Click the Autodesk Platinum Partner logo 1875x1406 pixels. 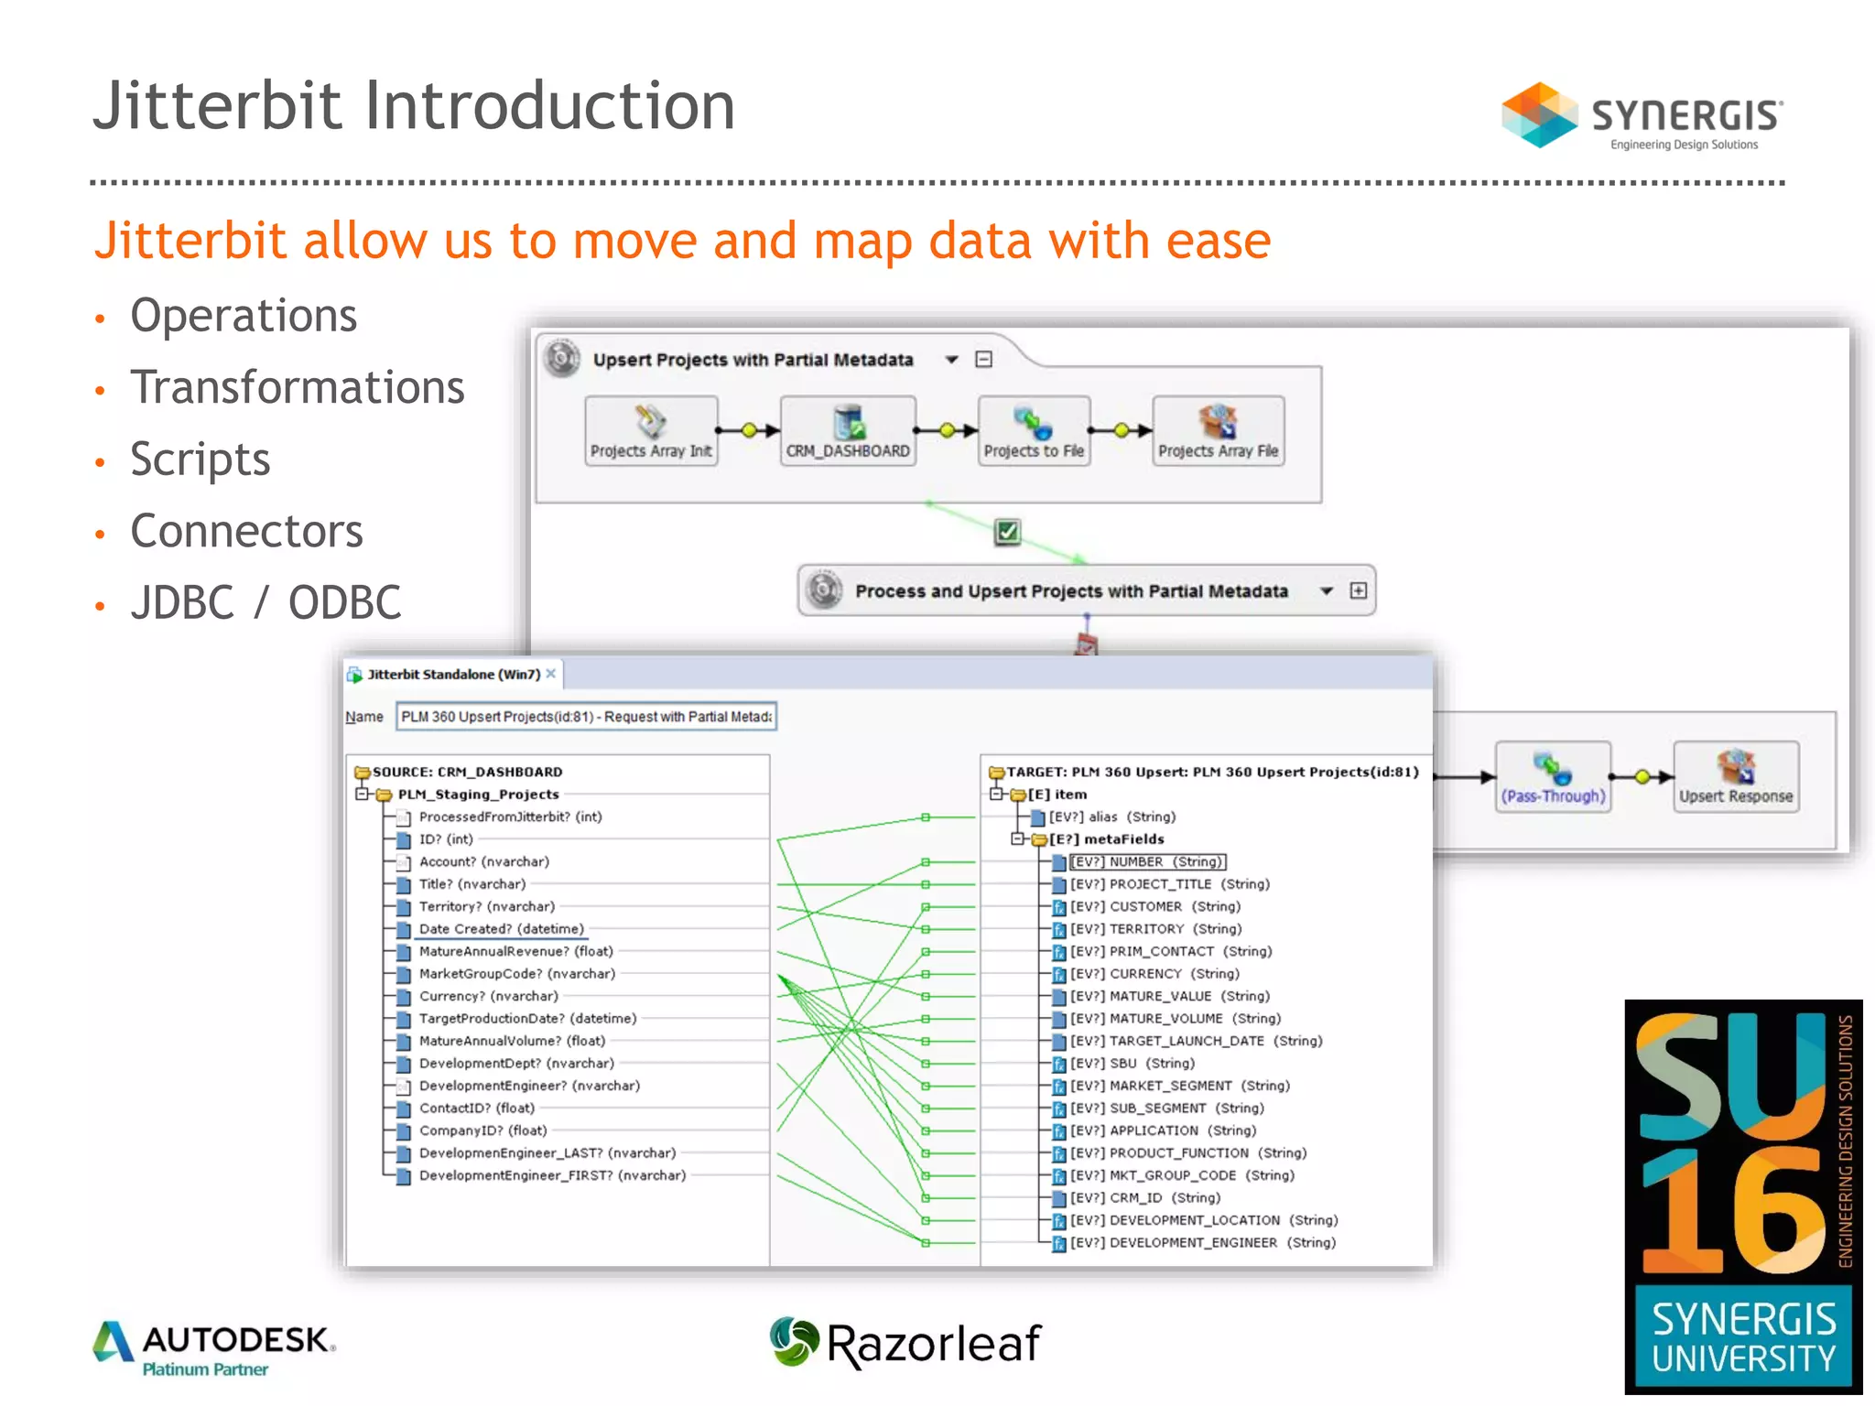pyautogui.click(x=214, y=1347)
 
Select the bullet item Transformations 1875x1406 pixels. pyautogui.click(x=297, y=387)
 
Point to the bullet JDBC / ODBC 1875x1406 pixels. pyautogui.click(x=266, y=603)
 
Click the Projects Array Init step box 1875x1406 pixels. pyautogui.click(x=651, y=431)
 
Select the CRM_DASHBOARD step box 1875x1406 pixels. pyautogui.click(x=848, y=431)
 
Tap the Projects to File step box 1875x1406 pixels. pyautogui.click(x=1034, y=431)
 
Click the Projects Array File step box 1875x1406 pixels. pyautogui.click(x=1218, y=431)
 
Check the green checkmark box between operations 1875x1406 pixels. pyautogui.click(x=1007, y=532)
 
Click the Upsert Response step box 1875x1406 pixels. pyautogui.click(x=1735, y=777)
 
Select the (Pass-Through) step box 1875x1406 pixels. pyautogui.click(x=1553, y=777)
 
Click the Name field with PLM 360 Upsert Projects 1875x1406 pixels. pyautogui.click(x=586, y=717)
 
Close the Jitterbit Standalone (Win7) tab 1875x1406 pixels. pyautogui.click(x=551, y=674)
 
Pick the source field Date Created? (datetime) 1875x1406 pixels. pyautogui.click(x=501, y=929)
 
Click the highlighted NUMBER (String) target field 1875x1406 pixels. pyautogui.click(x=1147, y=862)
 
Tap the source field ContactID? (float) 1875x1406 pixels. pyautogui.click(x=476, y=1109)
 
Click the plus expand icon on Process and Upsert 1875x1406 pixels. pyautogui.click(x=1359, y=591)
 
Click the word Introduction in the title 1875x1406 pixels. pyautogui.click(x=550, y=106)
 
